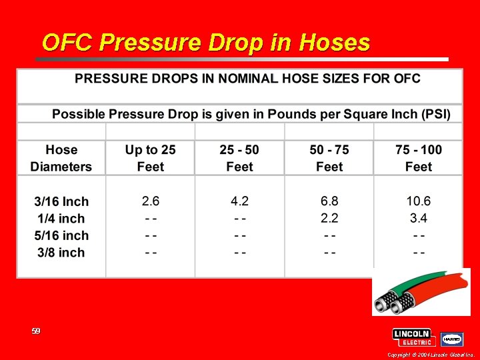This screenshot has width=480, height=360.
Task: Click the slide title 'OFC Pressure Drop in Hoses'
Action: click(205, 43)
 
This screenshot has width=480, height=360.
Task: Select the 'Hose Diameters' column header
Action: click(61, 159)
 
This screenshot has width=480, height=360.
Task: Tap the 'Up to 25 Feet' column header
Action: click(151, 159)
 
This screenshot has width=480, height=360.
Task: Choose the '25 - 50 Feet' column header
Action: click(239, 159)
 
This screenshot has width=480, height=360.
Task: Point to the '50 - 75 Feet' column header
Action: click(329, 159)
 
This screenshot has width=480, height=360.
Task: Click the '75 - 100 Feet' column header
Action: click(419, 159)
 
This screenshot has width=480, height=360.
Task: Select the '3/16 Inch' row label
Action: click(61, 201)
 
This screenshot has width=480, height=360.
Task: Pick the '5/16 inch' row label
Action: click(61, 235)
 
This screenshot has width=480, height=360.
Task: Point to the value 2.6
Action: click(151, 201)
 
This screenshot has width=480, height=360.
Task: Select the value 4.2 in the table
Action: click(239, 201)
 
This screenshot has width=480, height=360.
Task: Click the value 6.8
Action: click(329, 201)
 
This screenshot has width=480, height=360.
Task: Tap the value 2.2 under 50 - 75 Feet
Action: click(329, 218)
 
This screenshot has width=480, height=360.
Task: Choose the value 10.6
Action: click(419, 201)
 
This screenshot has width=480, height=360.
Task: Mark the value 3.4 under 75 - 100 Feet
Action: click(419, 218)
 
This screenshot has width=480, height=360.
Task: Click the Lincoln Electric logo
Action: click(413, 337)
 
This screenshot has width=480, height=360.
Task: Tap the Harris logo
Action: click(452, 339)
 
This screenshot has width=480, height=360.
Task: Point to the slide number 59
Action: click(36, 331)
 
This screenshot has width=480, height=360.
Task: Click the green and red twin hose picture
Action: click(421, 292)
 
